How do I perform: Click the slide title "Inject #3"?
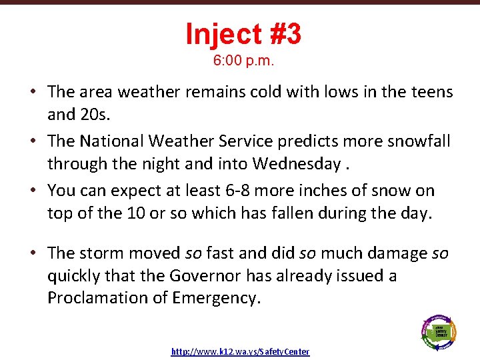pyautogui.click(x=243, y=34)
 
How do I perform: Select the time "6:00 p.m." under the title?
pyautogui.click(x=244, y=61)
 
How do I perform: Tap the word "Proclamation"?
pyautogui.click(x=98, y=299)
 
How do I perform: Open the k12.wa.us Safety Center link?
pyautogui.click(x=240, y=351)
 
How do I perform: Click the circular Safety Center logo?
pyautogui.click(x=438, y=330)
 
